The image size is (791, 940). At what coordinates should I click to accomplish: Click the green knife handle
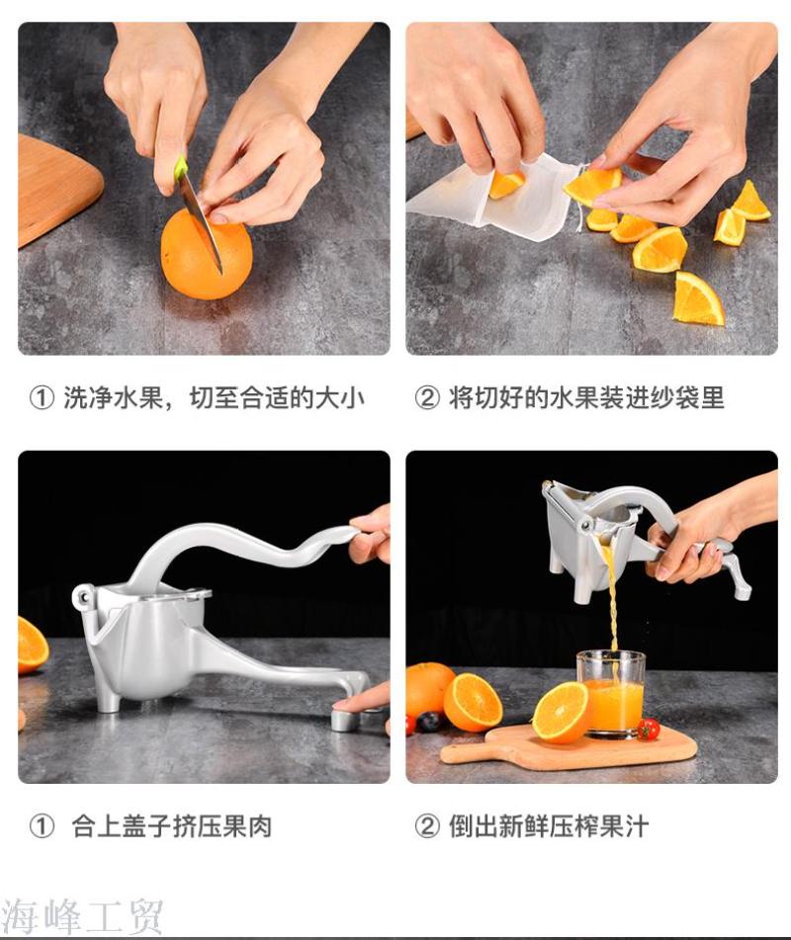181,168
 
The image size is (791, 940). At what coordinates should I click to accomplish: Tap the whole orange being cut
207,254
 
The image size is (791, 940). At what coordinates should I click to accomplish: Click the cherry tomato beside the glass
648,729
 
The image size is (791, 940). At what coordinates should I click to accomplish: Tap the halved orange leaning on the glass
562,712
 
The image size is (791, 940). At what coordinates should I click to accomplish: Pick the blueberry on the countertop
428,722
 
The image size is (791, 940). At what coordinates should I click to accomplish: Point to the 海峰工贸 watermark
82,916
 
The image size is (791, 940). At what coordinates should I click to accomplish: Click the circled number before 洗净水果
42,398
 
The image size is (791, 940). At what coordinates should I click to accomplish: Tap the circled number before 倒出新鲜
427,826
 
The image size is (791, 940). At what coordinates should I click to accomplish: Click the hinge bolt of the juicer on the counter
81,596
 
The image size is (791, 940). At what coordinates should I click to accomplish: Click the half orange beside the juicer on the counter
32,644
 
